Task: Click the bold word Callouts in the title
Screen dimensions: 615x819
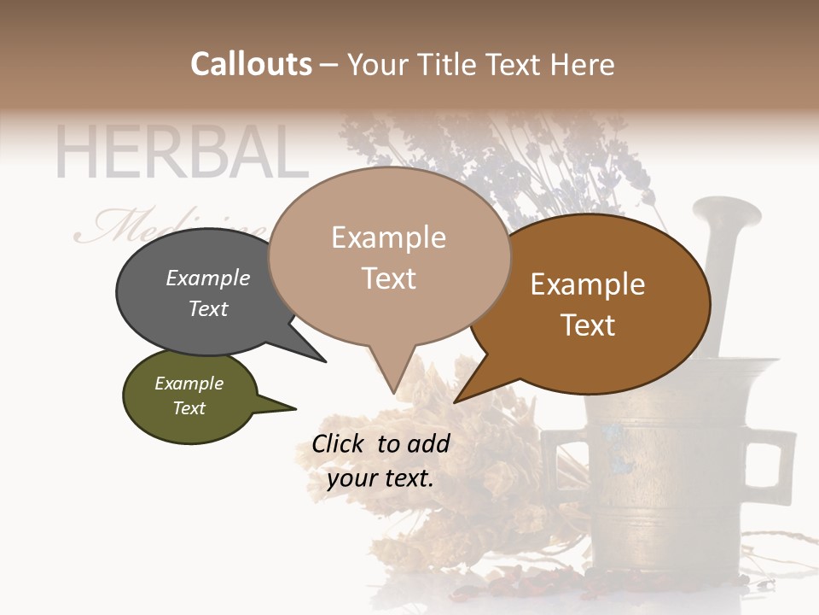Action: pyautogui.click(x=251, y=64)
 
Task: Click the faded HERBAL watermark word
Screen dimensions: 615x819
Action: pyautogui.click(x=181, y=153)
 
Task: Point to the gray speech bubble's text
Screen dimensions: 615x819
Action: pyautogui.click(x=208, y=293)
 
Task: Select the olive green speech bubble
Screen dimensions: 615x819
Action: pyautogui.click(x=189, y=396)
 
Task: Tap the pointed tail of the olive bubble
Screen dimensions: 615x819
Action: pyautogui.click(x=294, y=407)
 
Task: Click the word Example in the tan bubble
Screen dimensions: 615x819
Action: pyautogui.click(x=388, y=237)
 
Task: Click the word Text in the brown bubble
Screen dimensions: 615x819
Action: pyautogui.click(x=589, y=325)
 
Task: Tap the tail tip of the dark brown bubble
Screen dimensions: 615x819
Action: pyautogui.click(x=455, y=401)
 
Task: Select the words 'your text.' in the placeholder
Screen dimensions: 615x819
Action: pyautogui.click(x=380, y=478)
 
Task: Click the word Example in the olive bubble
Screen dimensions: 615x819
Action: pyautogui.click(x=189, y=384)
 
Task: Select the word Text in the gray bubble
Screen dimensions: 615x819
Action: pyautogui.click(x=208, y=308)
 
